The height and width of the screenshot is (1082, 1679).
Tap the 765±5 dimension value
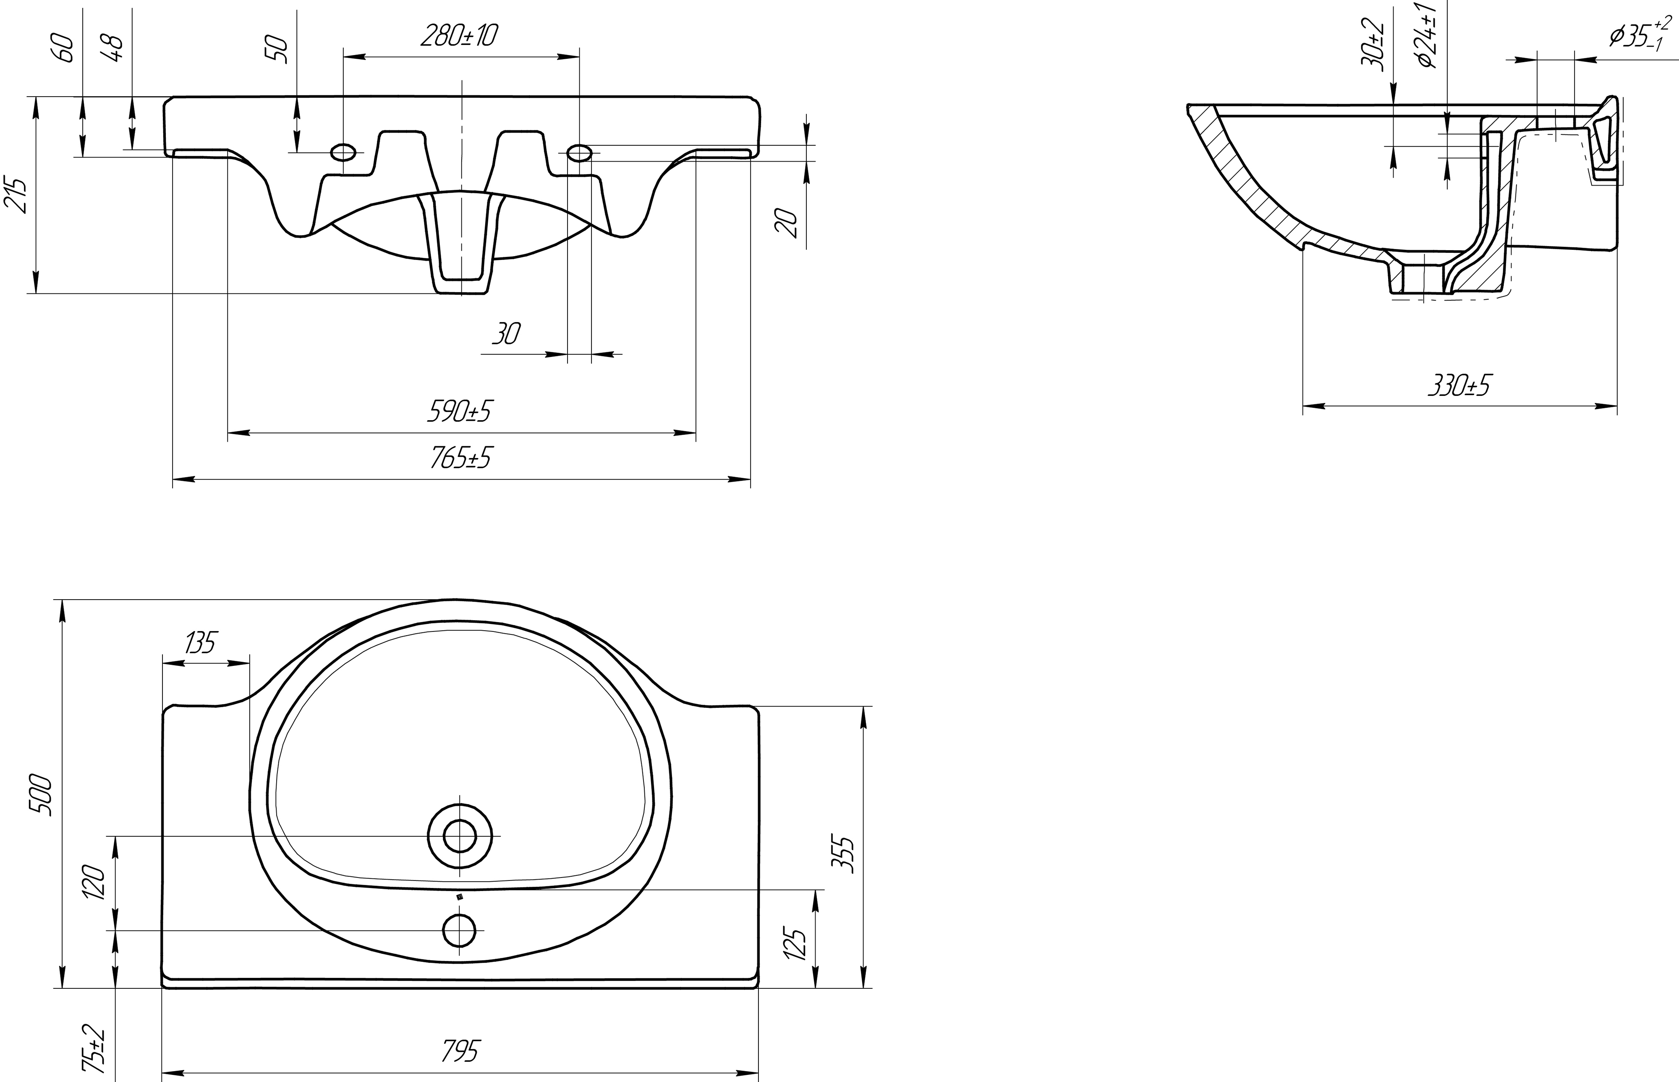[460, 457]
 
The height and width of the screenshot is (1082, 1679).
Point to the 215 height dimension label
[17, 195]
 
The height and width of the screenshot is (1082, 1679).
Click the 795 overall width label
[460, 1051]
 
